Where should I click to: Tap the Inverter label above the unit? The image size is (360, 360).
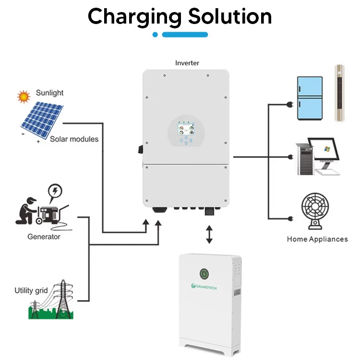click(x=187, y=63)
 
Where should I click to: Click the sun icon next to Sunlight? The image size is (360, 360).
click(x=23, y=97)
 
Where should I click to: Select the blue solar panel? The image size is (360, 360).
click(x=42, y=121)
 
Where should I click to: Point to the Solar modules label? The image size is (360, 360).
click(x=74, y=139)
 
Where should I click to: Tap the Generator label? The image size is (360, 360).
click(x=44, y=236)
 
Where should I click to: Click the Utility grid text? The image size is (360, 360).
click(x=31, y=290)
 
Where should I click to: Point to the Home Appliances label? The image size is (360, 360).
click(x=317, y=239)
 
